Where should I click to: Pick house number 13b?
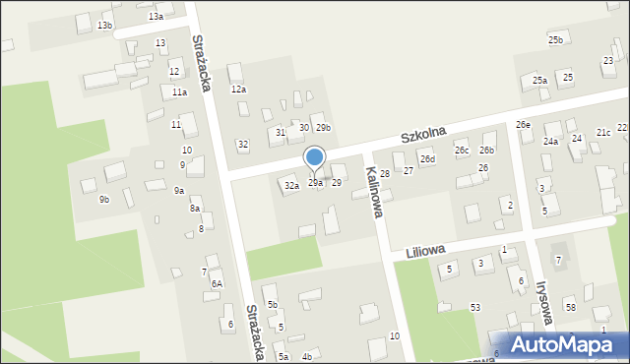pyautogui.click(x=104, y=25)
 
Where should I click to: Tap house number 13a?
pyautogui.click(x=156, y=17)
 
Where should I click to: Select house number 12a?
pyautogui.click(x=238, y=90)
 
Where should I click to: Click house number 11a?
pyautogui.click(x=179, y=91)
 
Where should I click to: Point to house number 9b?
pyautogui.click(x=104, y=200)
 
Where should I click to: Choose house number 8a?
pyautogui.click(x=195, y=209)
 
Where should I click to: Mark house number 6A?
pyautogui.click(x=217, y=283)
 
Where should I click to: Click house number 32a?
pyautogui.click(x=291, y=185)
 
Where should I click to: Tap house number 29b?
pyautogui.click(x=323, y=128)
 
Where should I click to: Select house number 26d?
pyautogui.click(x=427, y=158)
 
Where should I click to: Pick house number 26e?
pyautogui.click(x=524, y=125)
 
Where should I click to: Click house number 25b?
pyautogui.click(x=556, y=39)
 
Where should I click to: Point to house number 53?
pyautogui.click(x=475, y=308)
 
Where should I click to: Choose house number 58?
pyautogui.click(x=571, y=308)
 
